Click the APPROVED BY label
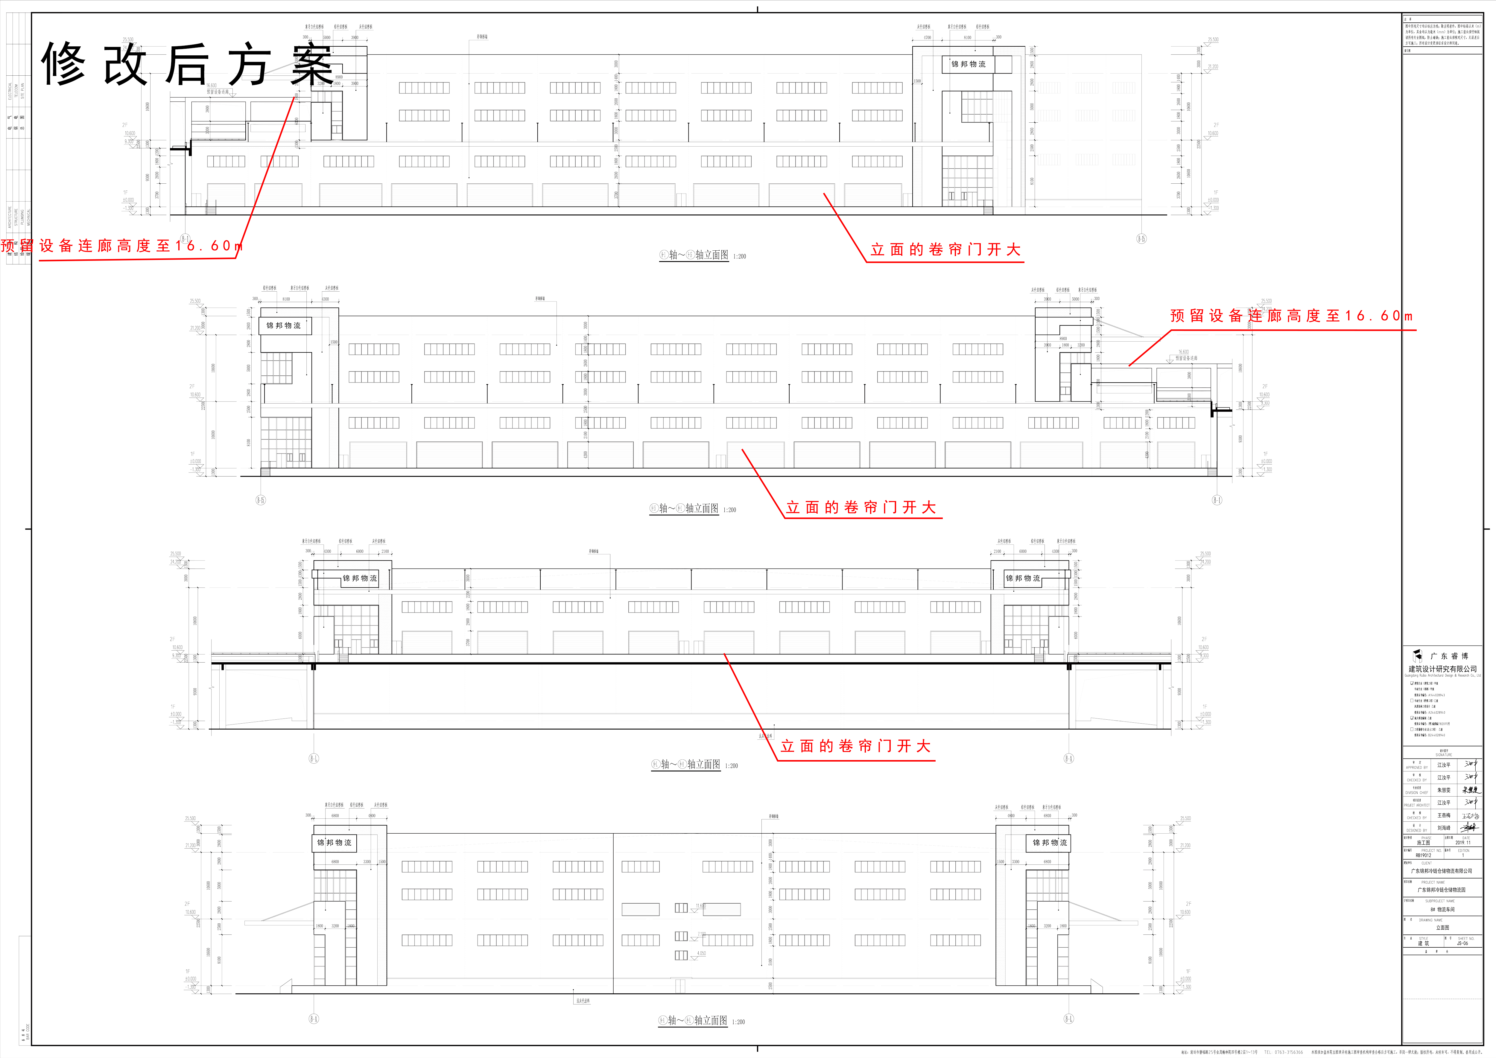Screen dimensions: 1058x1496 [1416, 768]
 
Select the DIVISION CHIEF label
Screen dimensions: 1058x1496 [1416, 792]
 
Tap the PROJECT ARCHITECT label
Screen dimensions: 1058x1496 [1416, 805]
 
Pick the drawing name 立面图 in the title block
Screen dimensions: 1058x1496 [1442, 928]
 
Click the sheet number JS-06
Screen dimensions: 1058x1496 [1463, 943]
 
